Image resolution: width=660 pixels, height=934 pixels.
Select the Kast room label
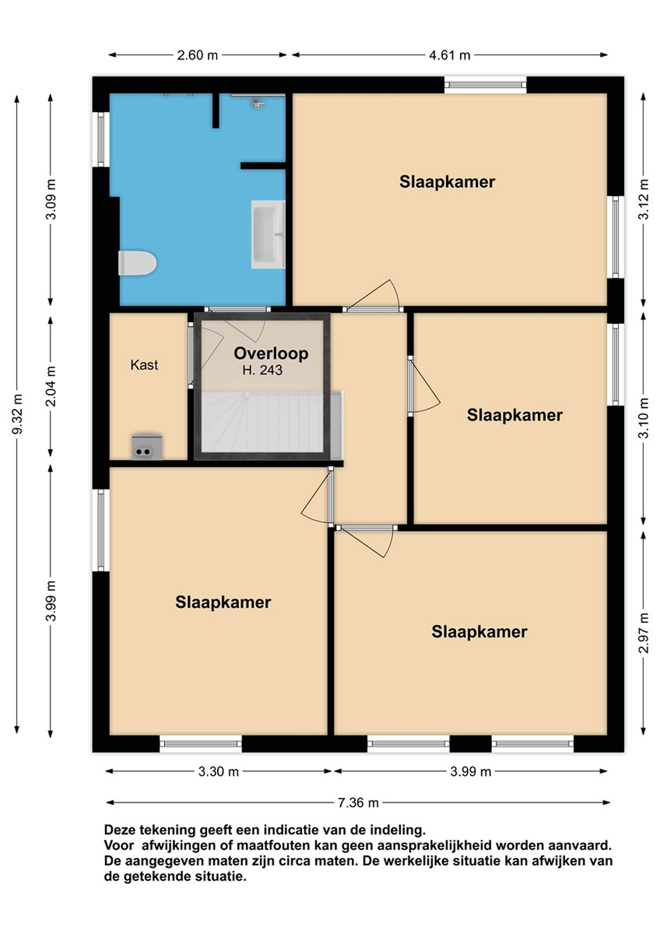point(144,365)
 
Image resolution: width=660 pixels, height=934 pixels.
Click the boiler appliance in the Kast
point(147,447)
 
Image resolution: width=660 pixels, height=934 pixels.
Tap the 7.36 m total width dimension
point(358,803)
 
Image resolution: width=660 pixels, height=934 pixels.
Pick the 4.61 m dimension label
point(450,55)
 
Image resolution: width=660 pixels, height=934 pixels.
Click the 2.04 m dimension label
point(51,386)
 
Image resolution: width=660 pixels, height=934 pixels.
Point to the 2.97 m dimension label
point(643,633)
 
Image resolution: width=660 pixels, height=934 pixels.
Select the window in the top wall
point(485,85)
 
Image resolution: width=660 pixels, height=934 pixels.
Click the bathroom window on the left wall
point(101,140)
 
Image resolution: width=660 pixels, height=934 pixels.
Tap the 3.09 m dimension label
point(51,199)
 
